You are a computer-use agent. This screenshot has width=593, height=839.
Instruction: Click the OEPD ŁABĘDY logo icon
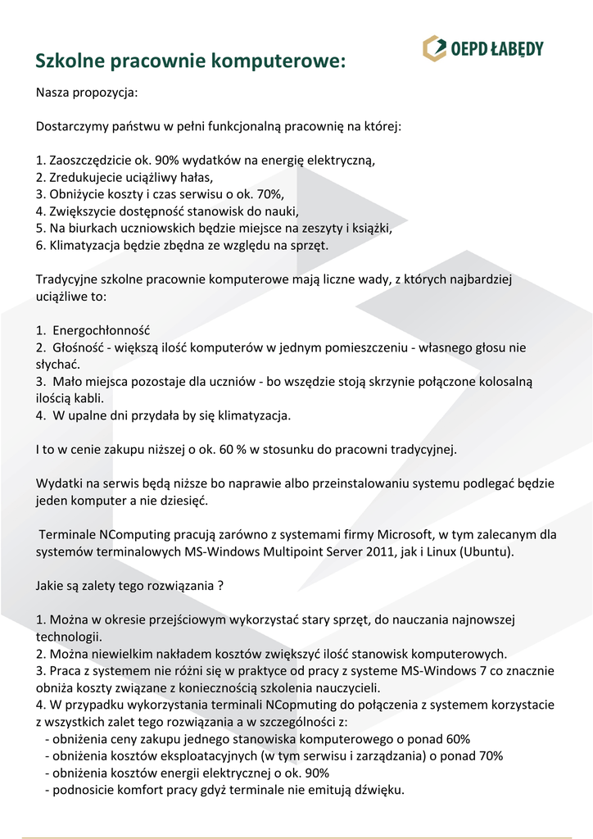click(434, 48)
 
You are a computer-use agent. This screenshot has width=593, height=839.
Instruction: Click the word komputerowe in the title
click(277, 61)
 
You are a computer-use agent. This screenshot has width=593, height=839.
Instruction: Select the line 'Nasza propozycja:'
click(86, 93)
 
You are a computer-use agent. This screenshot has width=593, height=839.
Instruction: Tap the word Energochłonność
click(102, 330)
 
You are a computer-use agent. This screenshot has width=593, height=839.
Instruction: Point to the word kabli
click(86, 398)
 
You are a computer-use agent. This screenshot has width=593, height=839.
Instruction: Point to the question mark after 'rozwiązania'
click(220, 586)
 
